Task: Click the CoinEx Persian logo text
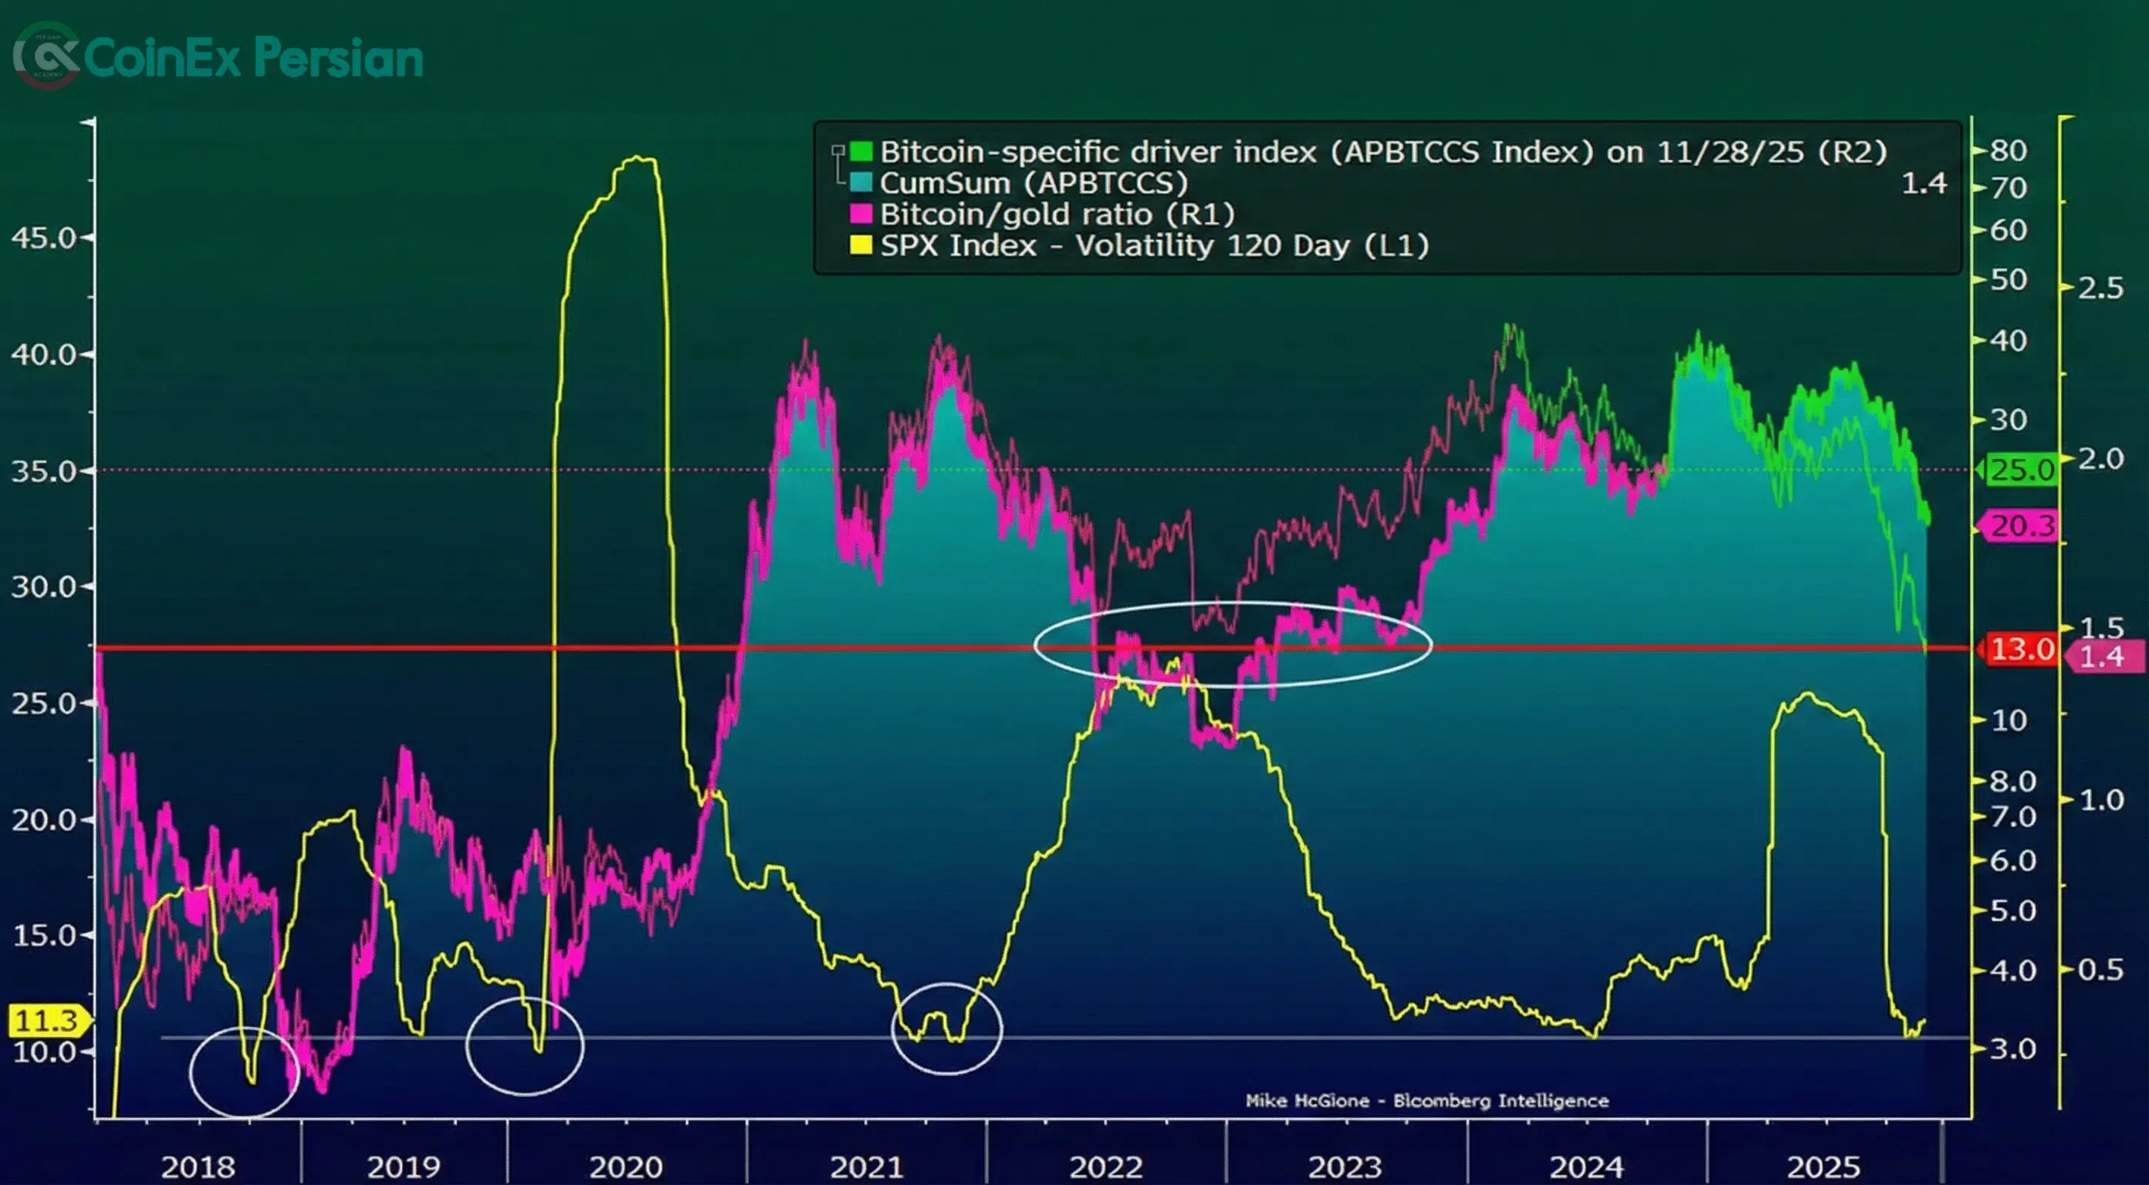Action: (252, 59)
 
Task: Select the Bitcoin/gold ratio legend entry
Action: (1056, 214)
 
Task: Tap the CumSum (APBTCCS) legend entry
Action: (1033, 183)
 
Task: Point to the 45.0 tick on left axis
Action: (43, 238)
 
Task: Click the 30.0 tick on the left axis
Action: (43, 587)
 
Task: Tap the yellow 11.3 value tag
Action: (46, 1020)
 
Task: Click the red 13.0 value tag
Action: (2022, 649)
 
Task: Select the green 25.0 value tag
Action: (2022, 470)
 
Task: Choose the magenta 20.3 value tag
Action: (2022, 526)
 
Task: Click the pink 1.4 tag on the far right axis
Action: (2101, 657)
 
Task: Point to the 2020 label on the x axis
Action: (626, 1165)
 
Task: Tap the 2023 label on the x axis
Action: (1345, 1165)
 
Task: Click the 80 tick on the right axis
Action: (2008, 151)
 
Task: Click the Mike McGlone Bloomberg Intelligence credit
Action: (1426, 1101)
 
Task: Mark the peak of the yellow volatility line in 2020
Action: (638, 158)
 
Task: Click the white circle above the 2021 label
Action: (947, 1028)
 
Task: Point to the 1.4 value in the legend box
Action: (1924, 183)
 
